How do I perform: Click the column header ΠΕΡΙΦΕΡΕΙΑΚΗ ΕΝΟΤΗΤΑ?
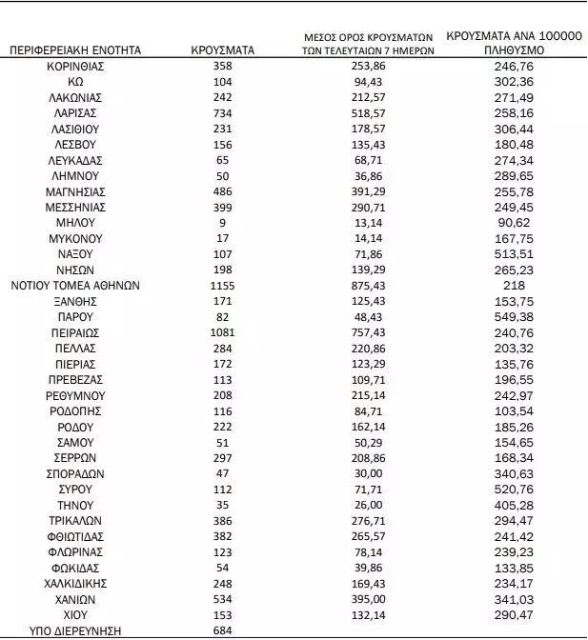(76, 50)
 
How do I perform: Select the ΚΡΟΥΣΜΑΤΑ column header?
(222, 50)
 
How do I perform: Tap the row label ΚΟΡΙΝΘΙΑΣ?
(75, 67)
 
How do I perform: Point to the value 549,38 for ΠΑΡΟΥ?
(513, 316)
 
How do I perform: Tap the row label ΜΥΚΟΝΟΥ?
(75, 238)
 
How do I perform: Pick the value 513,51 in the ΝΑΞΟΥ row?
(513, 253)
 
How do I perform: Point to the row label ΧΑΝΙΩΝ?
(75, 598)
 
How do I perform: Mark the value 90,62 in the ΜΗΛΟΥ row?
(513, 223)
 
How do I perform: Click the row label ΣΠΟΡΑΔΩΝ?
(75, 472)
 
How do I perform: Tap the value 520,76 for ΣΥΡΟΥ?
(513, 488)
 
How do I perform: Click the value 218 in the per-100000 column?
(513, 285)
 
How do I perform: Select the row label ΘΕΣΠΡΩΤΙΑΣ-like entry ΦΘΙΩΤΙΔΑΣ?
(75, 535)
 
